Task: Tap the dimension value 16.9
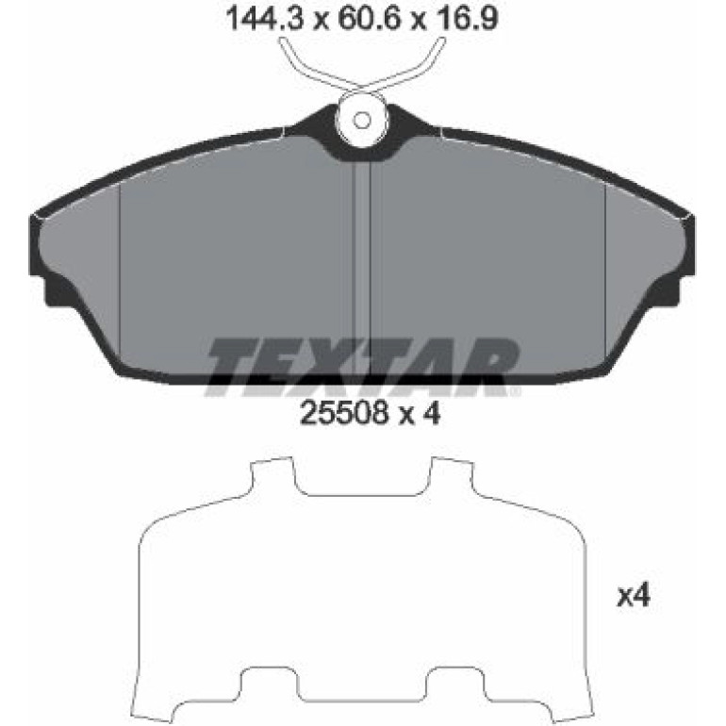[x=467, y=19]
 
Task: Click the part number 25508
[x=343, y=412]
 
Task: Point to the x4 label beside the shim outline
[x=634, y=596]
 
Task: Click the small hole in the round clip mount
[x=362, y=121]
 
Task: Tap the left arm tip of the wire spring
[x=282, y=41]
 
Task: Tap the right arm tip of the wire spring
[x=441, y=41]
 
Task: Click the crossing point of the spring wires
[x=362, y=89]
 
